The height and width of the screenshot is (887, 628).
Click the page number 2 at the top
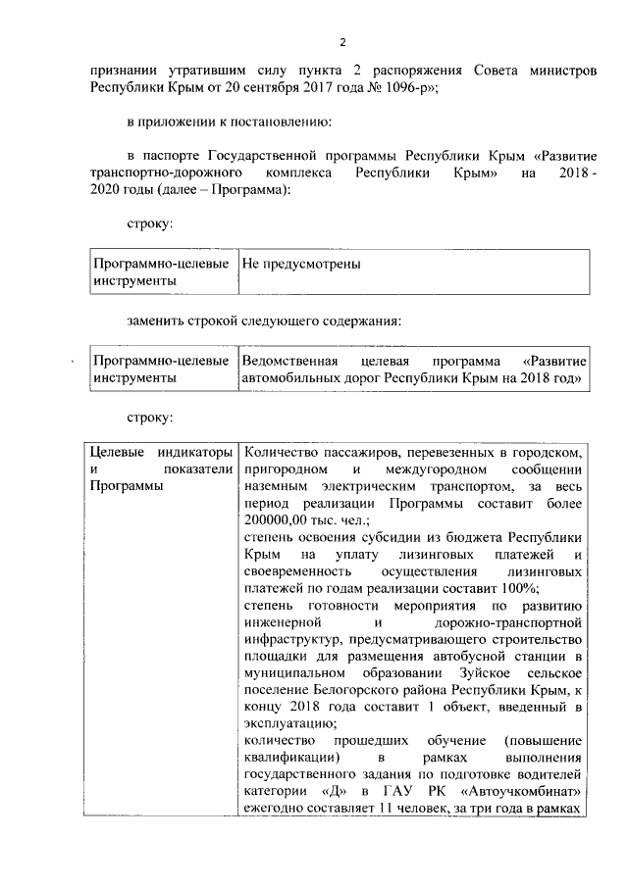[342, 42]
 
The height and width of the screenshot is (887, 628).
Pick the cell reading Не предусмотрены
[301, 265]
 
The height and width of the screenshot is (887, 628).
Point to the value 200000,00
[275, 520]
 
